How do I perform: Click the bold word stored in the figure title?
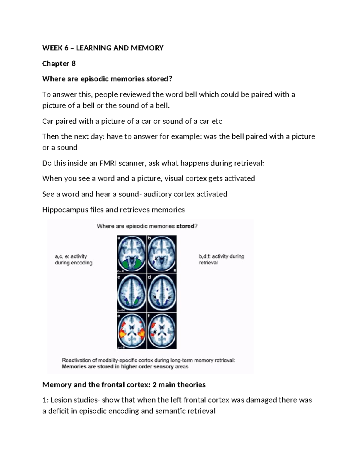pos(185,226)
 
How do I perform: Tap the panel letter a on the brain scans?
pos(119,238)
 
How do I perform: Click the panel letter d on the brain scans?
pos(149,278)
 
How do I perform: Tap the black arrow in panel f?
pos(155,331)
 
